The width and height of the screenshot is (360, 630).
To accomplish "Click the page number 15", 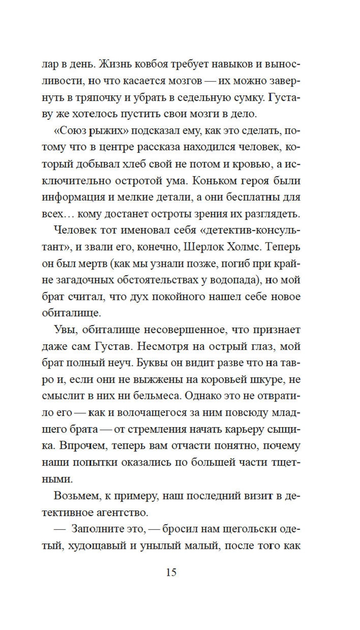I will tap(171, 572).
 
